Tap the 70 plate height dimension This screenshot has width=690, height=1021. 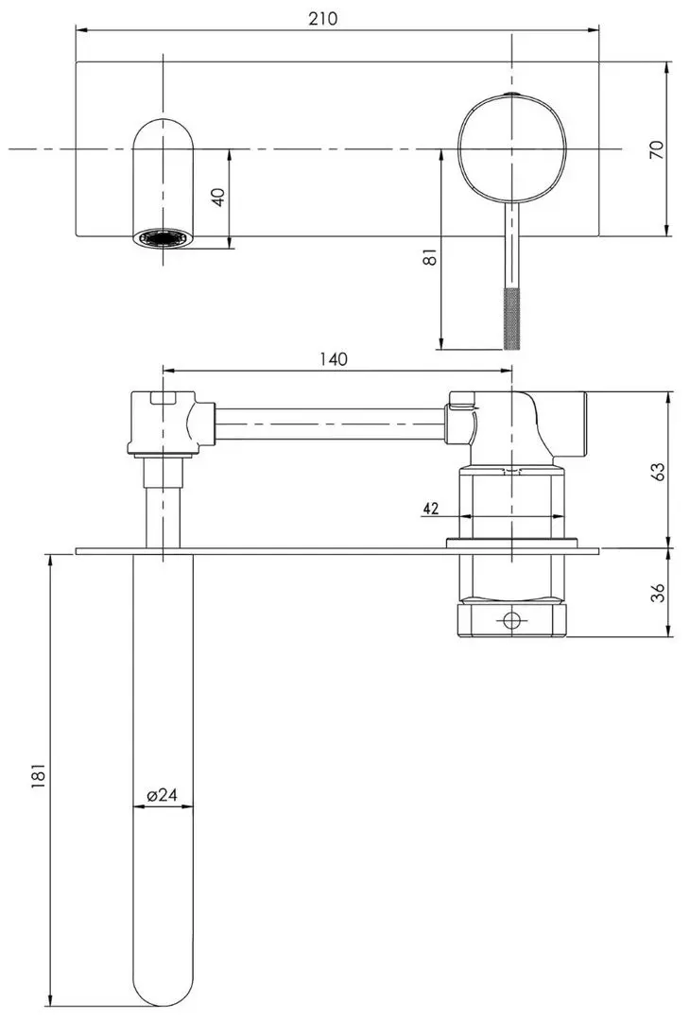click(x=657, y=149)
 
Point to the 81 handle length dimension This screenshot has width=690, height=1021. click(x=429, y=257)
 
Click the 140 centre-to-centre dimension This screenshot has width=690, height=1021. click(x=333, y=359)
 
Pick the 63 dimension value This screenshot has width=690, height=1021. click(x=658, y=471)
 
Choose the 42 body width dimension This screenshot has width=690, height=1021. click(x=431, y=508)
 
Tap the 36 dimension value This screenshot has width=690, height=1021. click(x=658, y=592)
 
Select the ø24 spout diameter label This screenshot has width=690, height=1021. click(x=162, y=794)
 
